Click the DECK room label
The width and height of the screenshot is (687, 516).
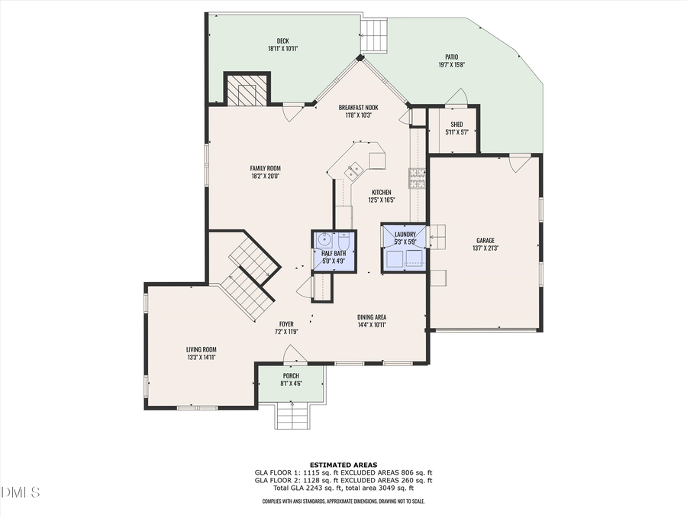pyautogui.click(x=282, y=41)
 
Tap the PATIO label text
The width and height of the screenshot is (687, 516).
pyautogui.click(x=451, y=57)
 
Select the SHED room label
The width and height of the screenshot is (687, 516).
pyautogui.click(x=456, y=125)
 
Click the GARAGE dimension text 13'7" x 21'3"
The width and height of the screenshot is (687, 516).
pyautogui.click(x=485, y=248)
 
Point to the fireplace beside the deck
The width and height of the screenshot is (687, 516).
pyautogui.click(x=247, y=91)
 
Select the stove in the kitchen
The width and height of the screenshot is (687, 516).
pyautogui.click(x=417, y=179)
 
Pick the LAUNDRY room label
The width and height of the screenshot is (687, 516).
pyautogui.click(x=405, y=234)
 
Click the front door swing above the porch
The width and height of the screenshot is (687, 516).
pyautogui.click(x=295, y=353)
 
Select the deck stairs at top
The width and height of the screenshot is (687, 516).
pyautogui.click(x=375, y=34)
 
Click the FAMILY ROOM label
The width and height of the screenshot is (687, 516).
pyautogui.click(x=266, y=168)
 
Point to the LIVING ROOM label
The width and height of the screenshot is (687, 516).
pyautogui.click(x=202, y=349)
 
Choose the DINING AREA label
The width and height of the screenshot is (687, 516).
pyautogui.click(x=372, y=316)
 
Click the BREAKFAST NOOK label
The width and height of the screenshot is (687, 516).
pyautogui.click(x=359, y=108)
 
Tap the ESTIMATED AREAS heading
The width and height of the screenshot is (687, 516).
pyautogui.click(x=343, y=465)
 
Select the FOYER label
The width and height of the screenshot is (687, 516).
pyautogui.click(x=286, y=324)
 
